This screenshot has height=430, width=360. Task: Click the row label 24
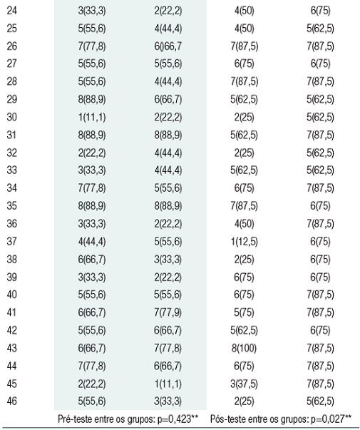[11, 12]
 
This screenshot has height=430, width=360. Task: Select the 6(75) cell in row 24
[318, 12]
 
